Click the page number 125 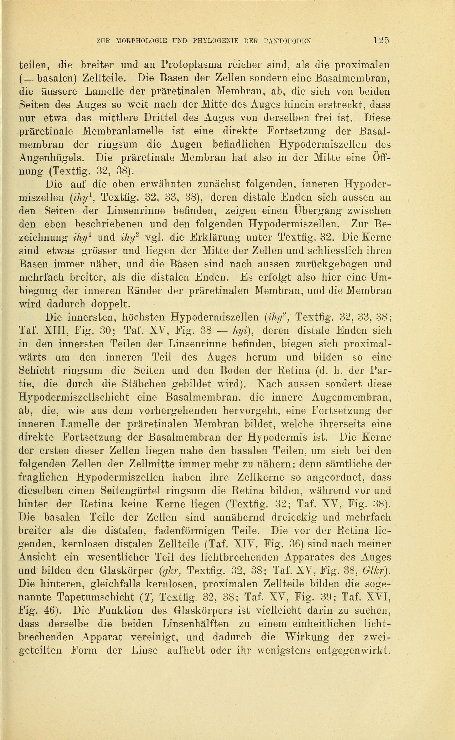click(x=381, y=40)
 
